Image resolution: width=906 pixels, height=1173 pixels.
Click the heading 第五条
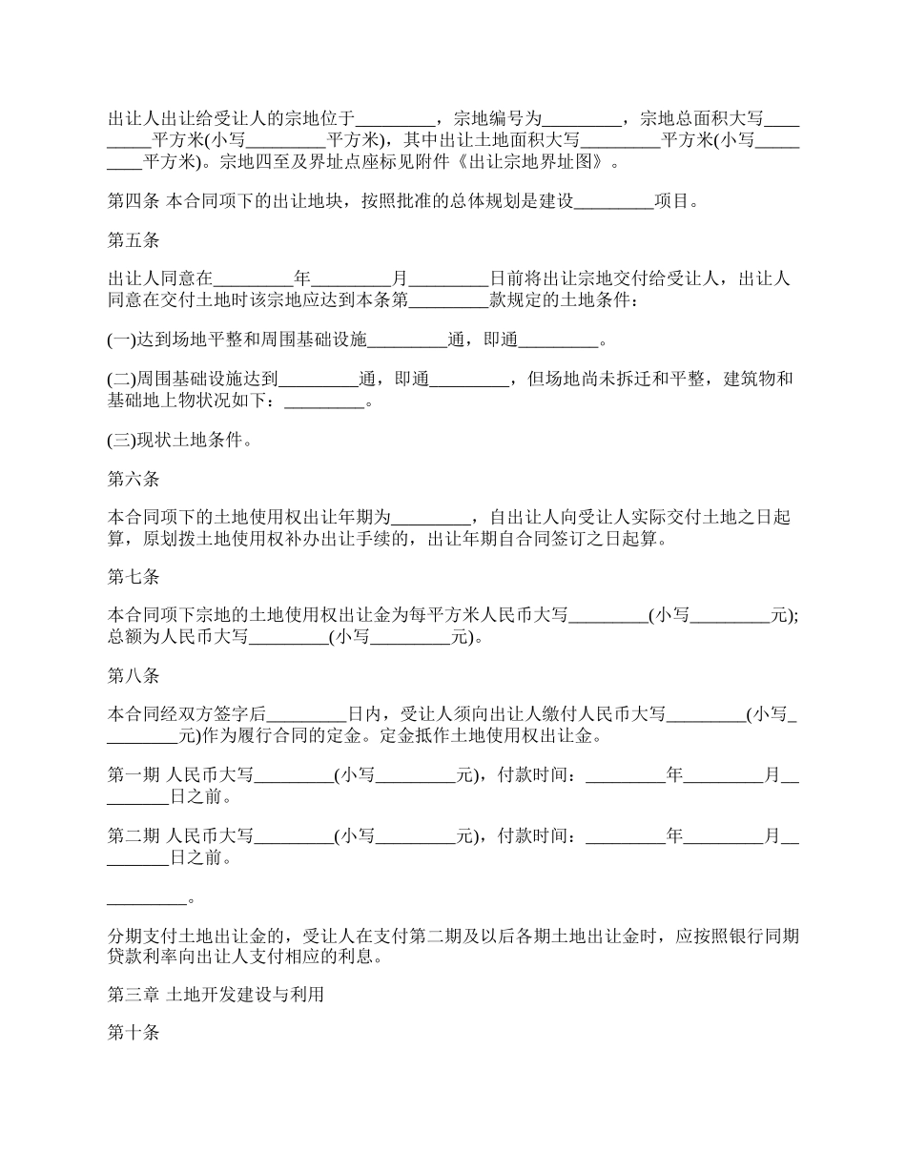click(x=134, y=241)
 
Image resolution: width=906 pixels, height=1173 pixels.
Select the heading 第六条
click(x=134, y=479)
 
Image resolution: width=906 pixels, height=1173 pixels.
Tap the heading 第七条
click(x=134, y=577)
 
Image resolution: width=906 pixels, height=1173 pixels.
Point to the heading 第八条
click(x=134, y=676)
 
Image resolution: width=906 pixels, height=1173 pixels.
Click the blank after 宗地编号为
click(x=581, y=120)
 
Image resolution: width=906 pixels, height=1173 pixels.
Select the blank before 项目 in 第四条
click(x=614, y=201)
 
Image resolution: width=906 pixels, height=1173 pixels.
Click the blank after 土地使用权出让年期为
click(x=432, y=518)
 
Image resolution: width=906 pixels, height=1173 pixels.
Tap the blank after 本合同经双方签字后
click(x=306, y=714)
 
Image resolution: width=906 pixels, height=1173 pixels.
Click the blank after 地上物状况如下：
click(x=325, y=401)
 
